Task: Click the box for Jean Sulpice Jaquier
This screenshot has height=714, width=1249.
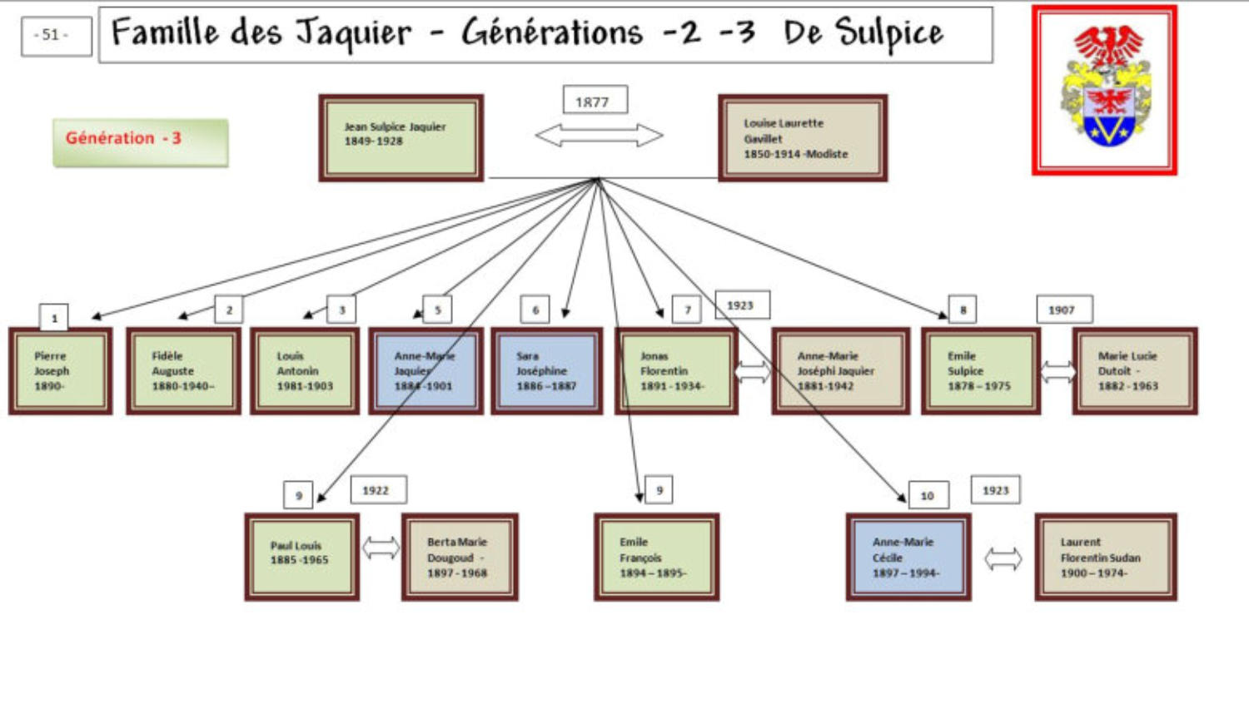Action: click(x=401, y=137)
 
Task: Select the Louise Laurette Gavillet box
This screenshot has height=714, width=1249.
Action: click(x=803, y=138)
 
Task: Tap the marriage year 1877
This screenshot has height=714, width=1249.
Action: click(x=595, y=101)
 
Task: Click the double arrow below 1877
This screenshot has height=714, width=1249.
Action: click(x=599, y=135)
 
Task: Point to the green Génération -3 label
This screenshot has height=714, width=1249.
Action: click(x=141, y=141)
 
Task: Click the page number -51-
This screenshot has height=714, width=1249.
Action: click(x=56, y=36)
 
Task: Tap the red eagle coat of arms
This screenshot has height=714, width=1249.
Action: click(x=1104, y=90)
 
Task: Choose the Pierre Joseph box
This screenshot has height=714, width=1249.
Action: click(x=60, y=371)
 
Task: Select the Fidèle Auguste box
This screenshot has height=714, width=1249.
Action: click(x=183, y=371)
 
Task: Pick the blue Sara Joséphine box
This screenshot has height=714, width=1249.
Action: click(x=546, y=371)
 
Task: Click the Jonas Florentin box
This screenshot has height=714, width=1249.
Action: click(x=675, y=371)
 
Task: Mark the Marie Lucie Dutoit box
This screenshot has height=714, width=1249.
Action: click(x=1135, y=371)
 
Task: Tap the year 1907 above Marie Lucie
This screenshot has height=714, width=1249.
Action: click(x=1063, y=310)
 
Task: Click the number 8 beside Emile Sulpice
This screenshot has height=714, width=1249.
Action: click(x=963, y=310)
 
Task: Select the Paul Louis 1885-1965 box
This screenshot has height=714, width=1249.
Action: click(x=302, y=557)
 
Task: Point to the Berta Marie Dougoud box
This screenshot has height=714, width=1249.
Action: click(x=460, y=557)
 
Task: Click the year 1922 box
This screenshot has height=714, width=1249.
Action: click(x=378, y=490)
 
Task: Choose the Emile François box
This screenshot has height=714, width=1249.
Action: click(x=656, y=557)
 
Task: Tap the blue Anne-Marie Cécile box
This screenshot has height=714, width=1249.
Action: click(x=908, y=557)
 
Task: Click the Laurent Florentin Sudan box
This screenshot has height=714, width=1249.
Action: click(x=1105, y=557)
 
